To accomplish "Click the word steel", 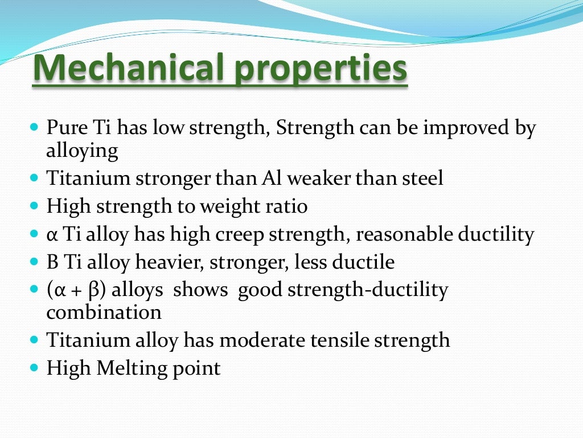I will pyautogui.click(x=422, y=179).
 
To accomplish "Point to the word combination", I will pyautogui.click(x=103, y=313).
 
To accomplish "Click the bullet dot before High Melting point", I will pyautogui.click(x=33, y=368).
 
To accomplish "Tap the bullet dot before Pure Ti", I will pyautogui.click(x=33, y=127).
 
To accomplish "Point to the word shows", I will pyautogui.click(x=200, y=290).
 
